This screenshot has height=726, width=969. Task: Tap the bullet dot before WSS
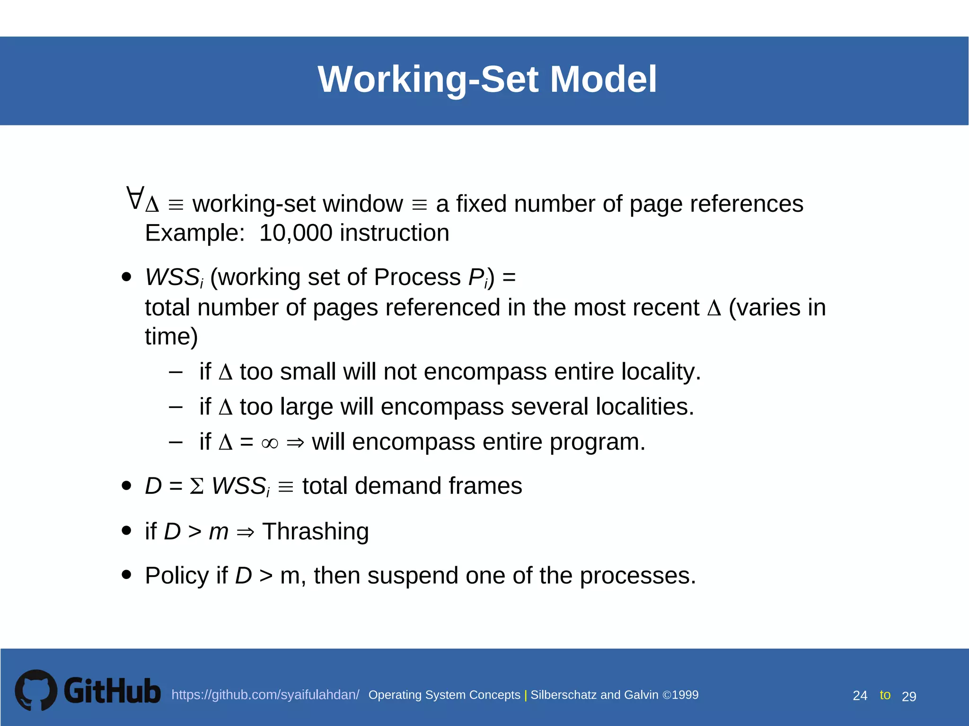click(x=126, y=277)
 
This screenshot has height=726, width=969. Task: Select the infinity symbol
click(x=270, y=443)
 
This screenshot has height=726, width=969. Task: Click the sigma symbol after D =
click(x=197, y=486)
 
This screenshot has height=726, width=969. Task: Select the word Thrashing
click(x=315, y=531)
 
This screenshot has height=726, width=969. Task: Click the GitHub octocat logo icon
click(x=36, y=690)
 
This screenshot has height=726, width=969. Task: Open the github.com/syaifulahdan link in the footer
click(x=265, y=695)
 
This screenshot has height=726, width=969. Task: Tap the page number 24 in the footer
click(x=860, y=696)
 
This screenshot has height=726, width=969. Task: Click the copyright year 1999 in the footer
click(x=685, y=695)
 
